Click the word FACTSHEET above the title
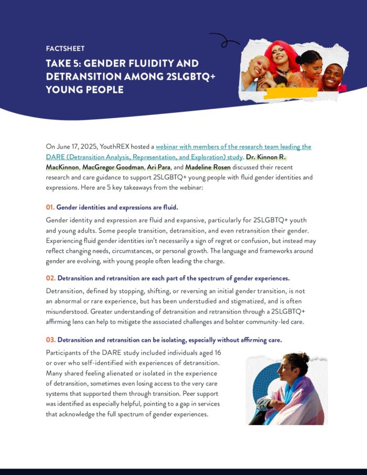click(x=65, y=49)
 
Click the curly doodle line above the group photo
click(x=224, y=39)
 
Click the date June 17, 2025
click(x=77, y=147)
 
